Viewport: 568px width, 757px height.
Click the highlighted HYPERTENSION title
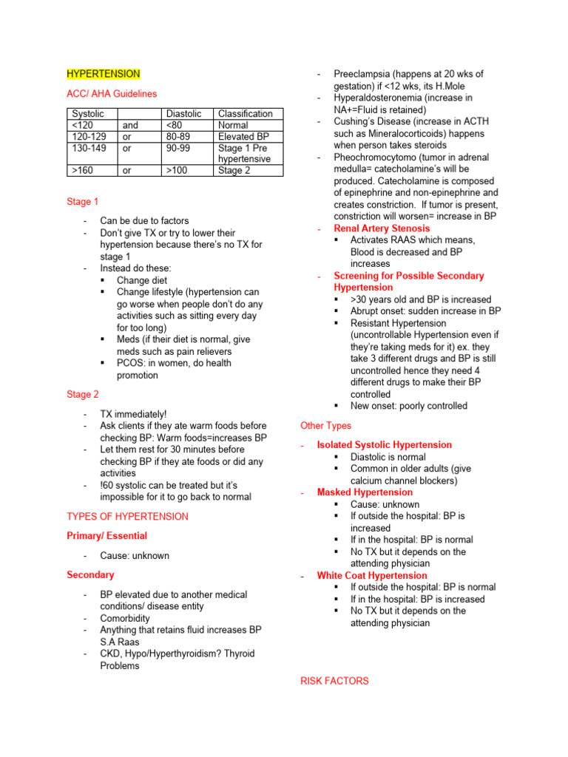103,75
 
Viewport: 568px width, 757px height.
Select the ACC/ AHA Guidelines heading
112,94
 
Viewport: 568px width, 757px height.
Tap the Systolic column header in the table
88,114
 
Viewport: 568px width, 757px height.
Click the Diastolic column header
183,114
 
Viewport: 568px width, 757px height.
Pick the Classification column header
245,114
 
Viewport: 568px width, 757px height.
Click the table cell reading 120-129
89,137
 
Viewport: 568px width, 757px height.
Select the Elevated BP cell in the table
243,137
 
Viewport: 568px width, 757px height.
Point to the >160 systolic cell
83,171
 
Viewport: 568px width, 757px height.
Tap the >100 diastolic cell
178,171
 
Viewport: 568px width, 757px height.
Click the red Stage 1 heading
82,202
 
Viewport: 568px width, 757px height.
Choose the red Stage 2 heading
82,395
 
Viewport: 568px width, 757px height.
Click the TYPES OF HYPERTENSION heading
127,517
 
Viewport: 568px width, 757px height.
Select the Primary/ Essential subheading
106,536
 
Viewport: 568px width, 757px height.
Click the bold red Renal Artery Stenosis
382,228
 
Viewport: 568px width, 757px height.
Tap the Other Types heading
326,426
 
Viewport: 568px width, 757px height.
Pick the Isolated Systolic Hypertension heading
385,445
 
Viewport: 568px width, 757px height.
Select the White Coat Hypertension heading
372,575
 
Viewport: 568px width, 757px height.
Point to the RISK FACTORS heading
334,681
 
